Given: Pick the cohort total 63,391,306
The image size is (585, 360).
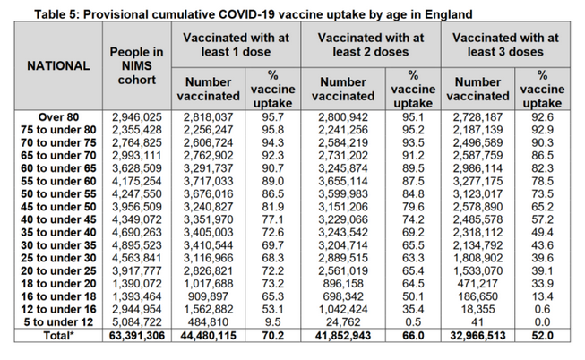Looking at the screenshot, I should pos(135,335).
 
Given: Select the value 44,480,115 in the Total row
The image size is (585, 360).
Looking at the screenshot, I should pos(209,335).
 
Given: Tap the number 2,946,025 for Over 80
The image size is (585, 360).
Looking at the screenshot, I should pos(135,117).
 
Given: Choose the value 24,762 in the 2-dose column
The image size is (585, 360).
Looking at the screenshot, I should pos(342,321).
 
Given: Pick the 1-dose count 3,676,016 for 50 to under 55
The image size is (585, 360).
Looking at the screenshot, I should pos(209,193).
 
